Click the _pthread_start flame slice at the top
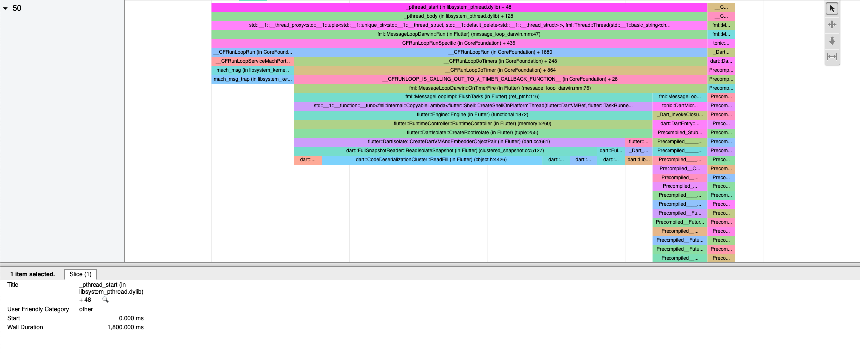coord(459,7)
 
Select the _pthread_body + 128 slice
coord(459,16)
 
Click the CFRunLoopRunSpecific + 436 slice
coord(459,43)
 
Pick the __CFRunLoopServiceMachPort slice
coord(253,61)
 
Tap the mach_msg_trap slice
coord(253,79)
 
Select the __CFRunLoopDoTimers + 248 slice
coord(500,61)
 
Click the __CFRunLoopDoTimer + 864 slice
coord(500,70)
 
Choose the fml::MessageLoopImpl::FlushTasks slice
coord(473,97)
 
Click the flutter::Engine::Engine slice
coord(473,115)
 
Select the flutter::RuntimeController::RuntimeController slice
coord(473,124)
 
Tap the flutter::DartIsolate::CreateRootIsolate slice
coord(473,133)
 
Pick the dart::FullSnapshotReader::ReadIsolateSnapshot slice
coord(445,151)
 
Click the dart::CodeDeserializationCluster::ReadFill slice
coord(431,160)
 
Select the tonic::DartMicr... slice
coord(679,106)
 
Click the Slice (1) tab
coord(81,274)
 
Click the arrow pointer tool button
coord(832,9)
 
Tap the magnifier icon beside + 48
coord(105,300)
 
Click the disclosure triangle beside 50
coord(5,8)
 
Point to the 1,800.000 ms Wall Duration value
coord(125,327)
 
